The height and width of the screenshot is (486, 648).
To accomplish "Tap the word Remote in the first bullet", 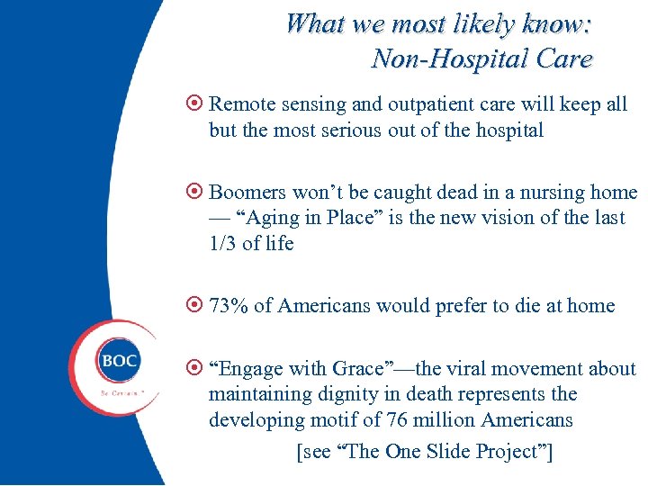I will [241, 104].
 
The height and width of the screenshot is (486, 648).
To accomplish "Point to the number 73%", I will [229, 306].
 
